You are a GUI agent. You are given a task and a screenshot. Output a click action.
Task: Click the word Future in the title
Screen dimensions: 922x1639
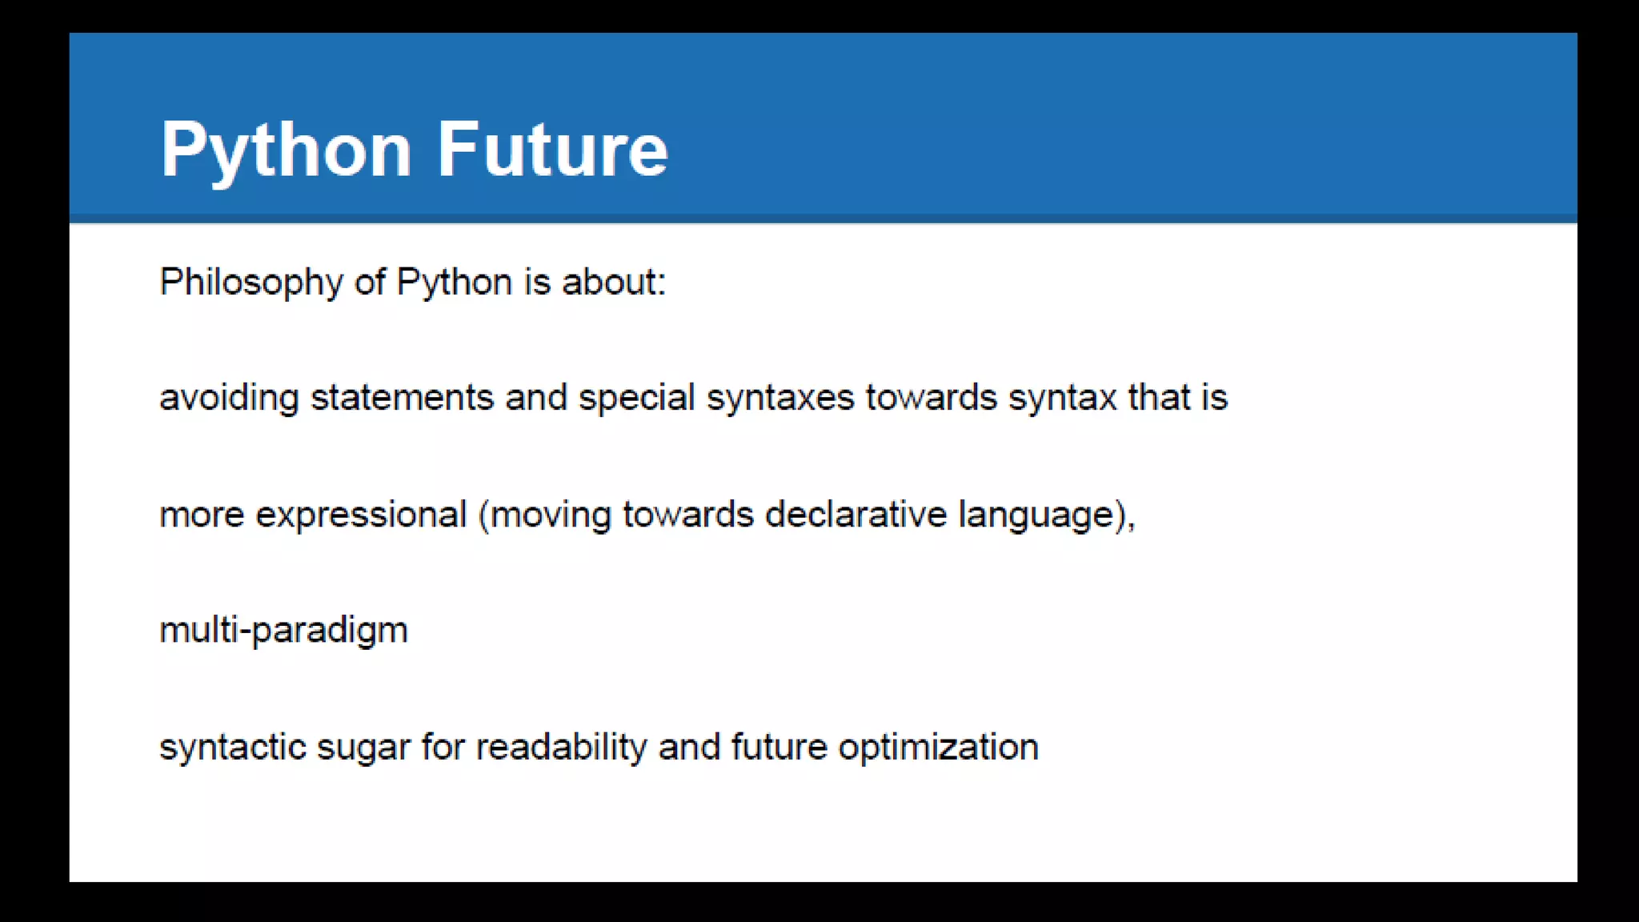(552, 149)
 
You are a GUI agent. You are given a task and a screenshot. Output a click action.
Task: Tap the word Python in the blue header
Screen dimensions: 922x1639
(286, 150)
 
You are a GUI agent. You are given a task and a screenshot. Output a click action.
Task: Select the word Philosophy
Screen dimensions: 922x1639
(251, 283)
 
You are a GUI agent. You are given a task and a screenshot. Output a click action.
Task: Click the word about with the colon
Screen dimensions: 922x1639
(614, 282)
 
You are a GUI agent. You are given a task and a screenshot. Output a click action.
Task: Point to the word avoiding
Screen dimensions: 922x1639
(229, 398)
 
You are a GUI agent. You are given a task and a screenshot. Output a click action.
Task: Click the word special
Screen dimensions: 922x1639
(636, 398)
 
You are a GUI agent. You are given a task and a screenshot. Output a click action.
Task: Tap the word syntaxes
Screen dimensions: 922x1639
(779, 398)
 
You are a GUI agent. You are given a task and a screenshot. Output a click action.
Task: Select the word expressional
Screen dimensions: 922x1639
(360, 515)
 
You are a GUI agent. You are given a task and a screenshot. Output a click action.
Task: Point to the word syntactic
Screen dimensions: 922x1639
(232, 748)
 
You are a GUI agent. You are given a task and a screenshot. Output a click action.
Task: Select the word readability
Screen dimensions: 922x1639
(561, 748)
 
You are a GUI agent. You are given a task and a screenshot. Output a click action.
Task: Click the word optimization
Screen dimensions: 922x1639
(938, 748)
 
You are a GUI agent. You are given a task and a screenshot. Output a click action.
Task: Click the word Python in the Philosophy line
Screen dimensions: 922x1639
(454, 283)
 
